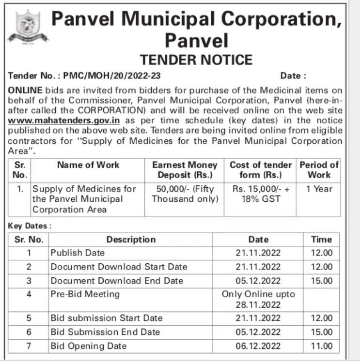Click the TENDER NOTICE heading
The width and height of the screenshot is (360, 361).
click(196, 60)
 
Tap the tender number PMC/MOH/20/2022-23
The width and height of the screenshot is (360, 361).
click(85, 76)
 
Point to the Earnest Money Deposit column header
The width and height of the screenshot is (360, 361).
click(185, 170)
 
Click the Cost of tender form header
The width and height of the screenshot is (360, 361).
click(261, 170)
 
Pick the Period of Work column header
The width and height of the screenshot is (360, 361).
click(319, 170)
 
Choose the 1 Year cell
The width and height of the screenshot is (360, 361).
click(319, 189)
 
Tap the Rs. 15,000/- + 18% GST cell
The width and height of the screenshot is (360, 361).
click(261, 194)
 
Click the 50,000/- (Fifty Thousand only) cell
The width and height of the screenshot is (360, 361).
click(185, 194)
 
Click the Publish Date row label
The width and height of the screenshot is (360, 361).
click(78, 253)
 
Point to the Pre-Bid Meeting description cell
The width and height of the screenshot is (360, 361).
click(85, 294)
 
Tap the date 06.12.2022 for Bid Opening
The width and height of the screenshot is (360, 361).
click(258, 346)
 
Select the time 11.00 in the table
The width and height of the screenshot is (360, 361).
click(322, 346)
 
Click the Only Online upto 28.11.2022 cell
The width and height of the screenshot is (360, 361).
click(258, 300)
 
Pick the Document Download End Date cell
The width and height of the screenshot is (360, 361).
click(117, 281)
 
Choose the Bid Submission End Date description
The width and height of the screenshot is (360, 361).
click(105, 332)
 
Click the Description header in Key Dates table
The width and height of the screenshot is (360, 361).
click(131, 240)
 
